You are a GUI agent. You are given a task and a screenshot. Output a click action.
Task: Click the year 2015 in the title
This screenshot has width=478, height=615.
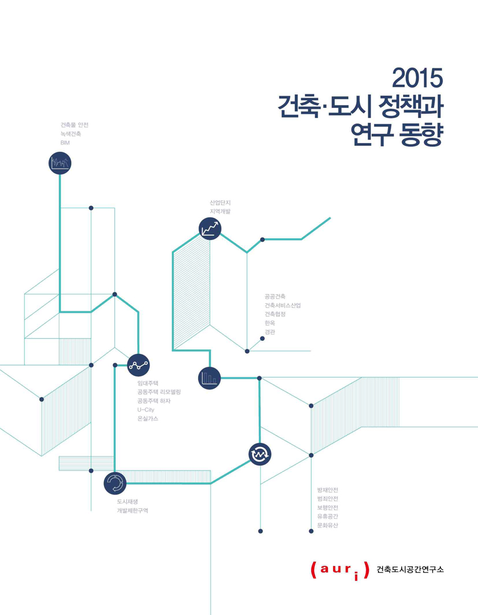click(417, 78)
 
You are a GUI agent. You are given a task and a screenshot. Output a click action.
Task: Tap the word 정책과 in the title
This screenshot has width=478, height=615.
click(411, 106)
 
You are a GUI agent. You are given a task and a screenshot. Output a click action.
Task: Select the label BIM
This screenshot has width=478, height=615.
click(65, 143)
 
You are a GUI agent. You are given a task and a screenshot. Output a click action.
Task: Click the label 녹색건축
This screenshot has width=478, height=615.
click(71, 134)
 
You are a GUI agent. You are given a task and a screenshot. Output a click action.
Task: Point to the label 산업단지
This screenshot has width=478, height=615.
click(220, 203)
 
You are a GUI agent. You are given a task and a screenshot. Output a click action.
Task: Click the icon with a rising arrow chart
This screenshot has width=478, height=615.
click(210, 228)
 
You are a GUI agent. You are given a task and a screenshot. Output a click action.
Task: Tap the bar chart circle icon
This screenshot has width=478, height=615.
click(209, 378)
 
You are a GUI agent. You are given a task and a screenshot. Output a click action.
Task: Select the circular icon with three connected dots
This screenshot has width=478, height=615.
click(138, 365)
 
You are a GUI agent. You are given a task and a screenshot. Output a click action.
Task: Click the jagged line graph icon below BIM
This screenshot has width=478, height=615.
click(60, 163)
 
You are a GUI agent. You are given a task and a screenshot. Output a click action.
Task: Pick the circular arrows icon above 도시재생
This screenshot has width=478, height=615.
click(115, 483)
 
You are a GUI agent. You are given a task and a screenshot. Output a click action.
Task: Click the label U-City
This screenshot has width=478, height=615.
click(146, 410)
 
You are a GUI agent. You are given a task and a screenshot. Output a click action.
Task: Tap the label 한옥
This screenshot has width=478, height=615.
click(270, 323)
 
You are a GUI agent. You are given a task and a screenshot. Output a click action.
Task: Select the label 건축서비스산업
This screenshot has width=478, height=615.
click(283, 305)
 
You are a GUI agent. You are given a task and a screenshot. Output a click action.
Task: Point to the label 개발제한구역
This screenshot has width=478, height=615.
click(132, 511)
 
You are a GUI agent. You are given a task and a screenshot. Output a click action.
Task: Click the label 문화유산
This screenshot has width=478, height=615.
click(327, 525)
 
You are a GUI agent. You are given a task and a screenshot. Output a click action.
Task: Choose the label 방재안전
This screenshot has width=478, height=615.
click(327, 490)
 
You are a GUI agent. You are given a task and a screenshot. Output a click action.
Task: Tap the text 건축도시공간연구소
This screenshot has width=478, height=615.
click(410, 569)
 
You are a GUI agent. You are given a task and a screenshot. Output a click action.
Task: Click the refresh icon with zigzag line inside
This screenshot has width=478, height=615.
click(260, 454)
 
